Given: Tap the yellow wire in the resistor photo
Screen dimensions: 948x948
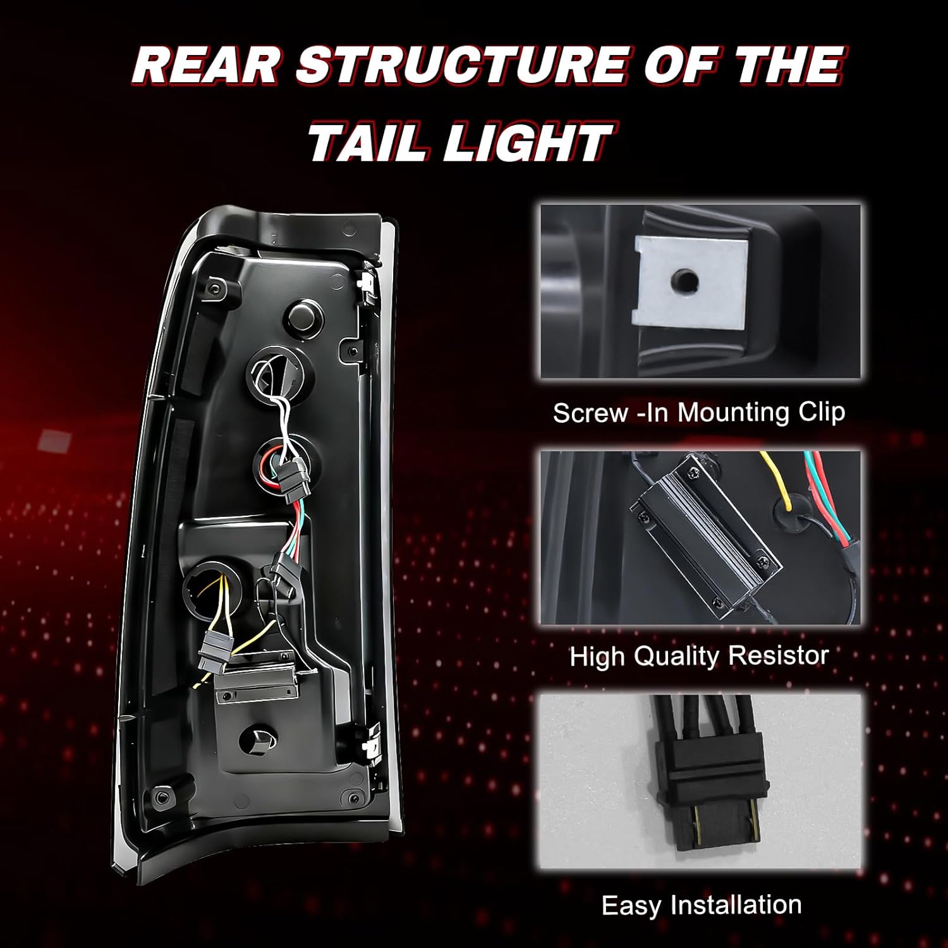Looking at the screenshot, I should [x=783, y=483].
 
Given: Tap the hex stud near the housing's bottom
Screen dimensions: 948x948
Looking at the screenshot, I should [x=260, y=739].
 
